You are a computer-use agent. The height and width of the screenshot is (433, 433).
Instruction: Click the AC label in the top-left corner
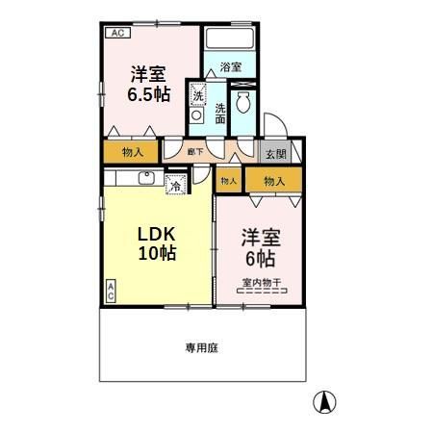pos(116,33)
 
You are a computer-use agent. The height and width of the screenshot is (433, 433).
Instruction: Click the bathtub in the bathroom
pos(229,39)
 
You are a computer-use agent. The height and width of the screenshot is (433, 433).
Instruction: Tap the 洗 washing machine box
pos(197,95)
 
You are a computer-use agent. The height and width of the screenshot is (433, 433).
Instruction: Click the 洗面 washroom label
pos(220,114)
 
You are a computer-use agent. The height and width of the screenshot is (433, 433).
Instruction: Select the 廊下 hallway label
pos(194,152)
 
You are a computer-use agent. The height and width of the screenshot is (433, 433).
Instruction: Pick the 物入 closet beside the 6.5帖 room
pos(133,152)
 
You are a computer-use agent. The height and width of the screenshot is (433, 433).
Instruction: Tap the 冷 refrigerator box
pos(176,185)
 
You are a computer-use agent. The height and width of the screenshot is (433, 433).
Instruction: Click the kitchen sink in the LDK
pos(147,177)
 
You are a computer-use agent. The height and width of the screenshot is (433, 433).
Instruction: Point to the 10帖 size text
pos(154,254)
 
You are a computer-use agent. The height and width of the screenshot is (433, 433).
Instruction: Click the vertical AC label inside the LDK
pos(110,292)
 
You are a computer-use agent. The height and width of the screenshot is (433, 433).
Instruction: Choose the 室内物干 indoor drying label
pos(261,283)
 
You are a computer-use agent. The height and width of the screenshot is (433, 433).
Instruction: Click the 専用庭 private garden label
pos(202,347)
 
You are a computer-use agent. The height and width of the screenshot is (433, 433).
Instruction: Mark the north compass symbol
pos(326,402)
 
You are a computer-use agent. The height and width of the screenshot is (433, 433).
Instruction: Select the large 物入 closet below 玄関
pos(274,180)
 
